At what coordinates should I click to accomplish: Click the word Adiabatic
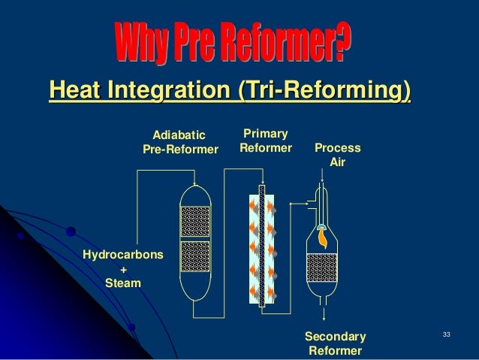coord(179,135)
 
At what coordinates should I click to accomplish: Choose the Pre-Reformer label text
coord(180,150)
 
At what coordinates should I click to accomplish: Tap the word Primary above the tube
coord(265,133)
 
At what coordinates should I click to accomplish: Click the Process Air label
coord(337,155)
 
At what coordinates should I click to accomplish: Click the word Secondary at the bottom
coord(335,336)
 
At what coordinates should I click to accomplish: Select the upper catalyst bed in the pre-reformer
coord(195,222)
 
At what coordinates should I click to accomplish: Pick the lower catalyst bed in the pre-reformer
coord(195,256)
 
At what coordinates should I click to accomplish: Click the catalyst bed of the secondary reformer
coord(322,267)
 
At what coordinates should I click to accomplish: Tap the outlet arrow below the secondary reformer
coord(323,313)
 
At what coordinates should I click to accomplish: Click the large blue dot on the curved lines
coord(71,232)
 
